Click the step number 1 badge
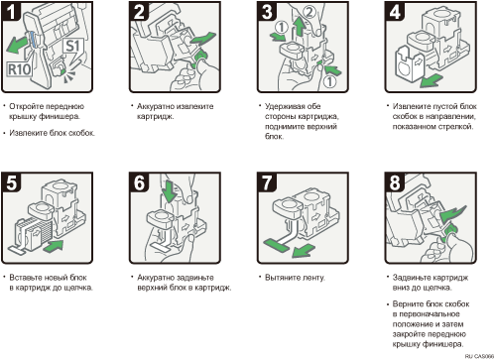(x=11, y=11)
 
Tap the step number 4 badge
(x=395, y=11)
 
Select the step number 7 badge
(x=267, y=182)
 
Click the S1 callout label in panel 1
(x=72, y=47)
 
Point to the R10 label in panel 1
(x=20, y=69)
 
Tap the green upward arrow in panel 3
(x=300, y=27)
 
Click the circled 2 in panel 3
(x=309, y=12)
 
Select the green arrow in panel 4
(x=431, y=80)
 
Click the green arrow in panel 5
(x=53, y=246)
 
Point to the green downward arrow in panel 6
(x=170, y=191)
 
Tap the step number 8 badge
(x=395, y=182)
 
